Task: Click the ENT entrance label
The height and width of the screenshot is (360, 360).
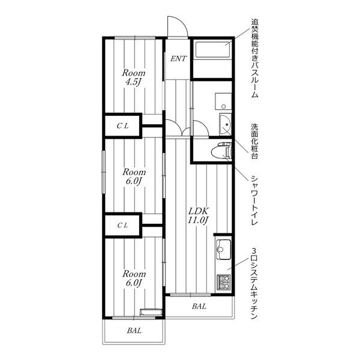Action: tap(178, 59)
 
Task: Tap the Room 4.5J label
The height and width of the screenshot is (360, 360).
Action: tap(134, 77)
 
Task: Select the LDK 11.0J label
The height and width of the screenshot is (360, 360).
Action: tap(198, 215)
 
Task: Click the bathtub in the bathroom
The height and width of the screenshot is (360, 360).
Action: tap(212, 50)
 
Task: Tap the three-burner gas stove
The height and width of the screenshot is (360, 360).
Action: tap(224, 283)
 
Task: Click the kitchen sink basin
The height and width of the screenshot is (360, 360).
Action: tap(223, 250)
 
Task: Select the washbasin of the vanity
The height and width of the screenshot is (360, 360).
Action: tap(225, 125)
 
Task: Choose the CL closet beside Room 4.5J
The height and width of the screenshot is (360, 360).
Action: tap(123, 126)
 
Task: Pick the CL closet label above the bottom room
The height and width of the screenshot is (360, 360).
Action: tap(123, 226)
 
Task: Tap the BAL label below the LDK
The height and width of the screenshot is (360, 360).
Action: tap(199, 306)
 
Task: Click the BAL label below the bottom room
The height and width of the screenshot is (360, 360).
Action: tap(134, 331)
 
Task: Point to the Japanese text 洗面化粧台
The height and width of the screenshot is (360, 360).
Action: tap(254, 141)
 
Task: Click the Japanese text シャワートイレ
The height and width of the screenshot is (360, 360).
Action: tap(254, 200)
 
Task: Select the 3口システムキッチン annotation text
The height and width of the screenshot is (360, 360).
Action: tap(254, 284)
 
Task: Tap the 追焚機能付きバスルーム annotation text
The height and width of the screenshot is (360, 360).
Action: tap(254, 58)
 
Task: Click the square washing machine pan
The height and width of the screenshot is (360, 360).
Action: tap(223, 101)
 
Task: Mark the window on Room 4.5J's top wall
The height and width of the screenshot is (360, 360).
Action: tap(135, 38)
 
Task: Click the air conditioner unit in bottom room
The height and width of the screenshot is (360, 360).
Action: tap(151, 313)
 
